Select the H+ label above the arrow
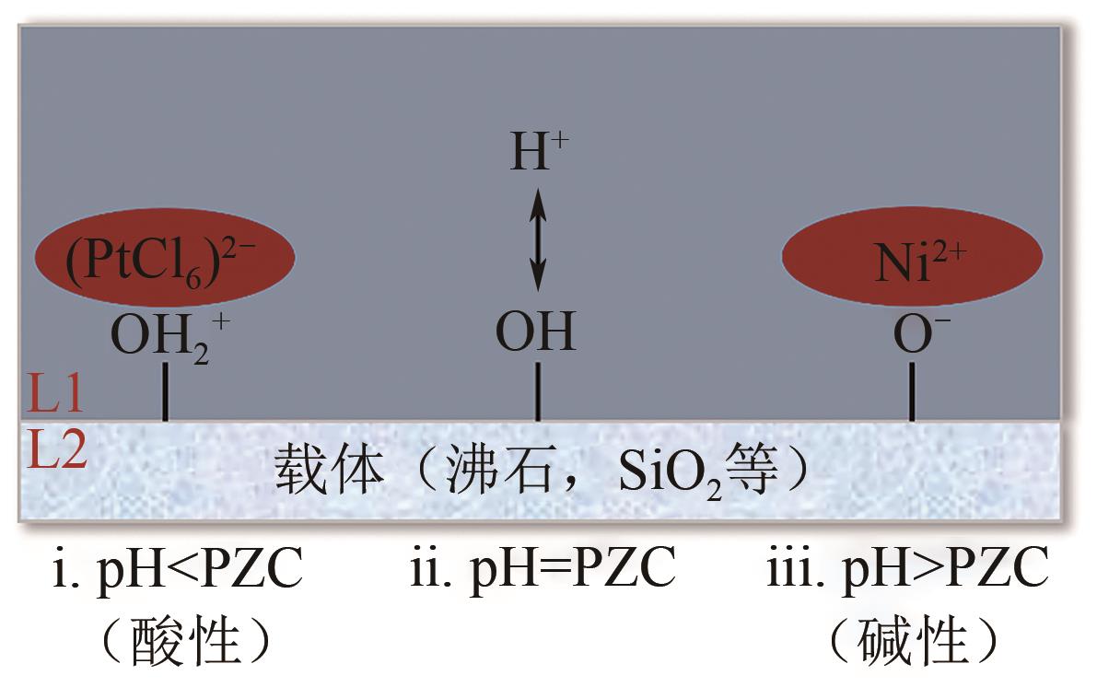[539, 154]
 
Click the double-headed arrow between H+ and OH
[538, 242]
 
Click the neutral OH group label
[536, 332]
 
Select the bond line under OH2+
[165, 392]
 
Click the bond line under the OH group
[538, 392]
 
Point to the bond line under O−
[912, 392]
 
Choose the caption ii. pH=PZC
[543, 571]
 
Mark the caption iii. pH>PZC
[907, 571]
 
